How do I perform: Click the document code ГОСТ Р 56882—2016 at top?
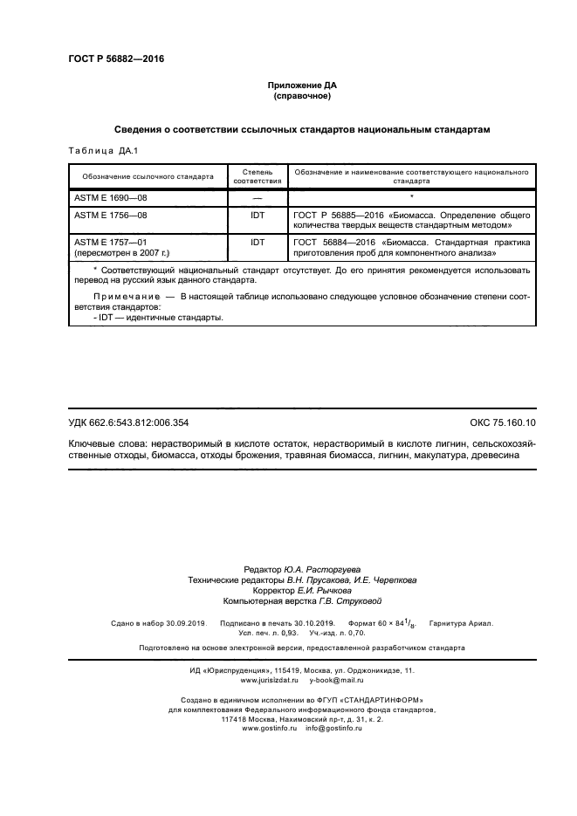point(116,59)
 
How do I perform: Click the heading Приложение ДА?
point(301,86)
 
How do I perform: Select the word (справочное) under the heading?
point(301,96)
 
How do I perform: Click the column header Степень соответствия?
point(258,177)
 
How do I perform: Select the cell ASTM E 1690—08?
point(112,198)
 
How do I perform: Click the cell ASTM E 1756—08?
point(112,214)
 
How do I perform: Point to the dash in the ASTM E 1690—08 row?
point(258,199)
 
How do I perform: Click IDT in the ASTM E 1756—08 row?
point(258,214)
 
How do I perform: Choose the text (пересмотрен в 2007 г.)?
point(122,252)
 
